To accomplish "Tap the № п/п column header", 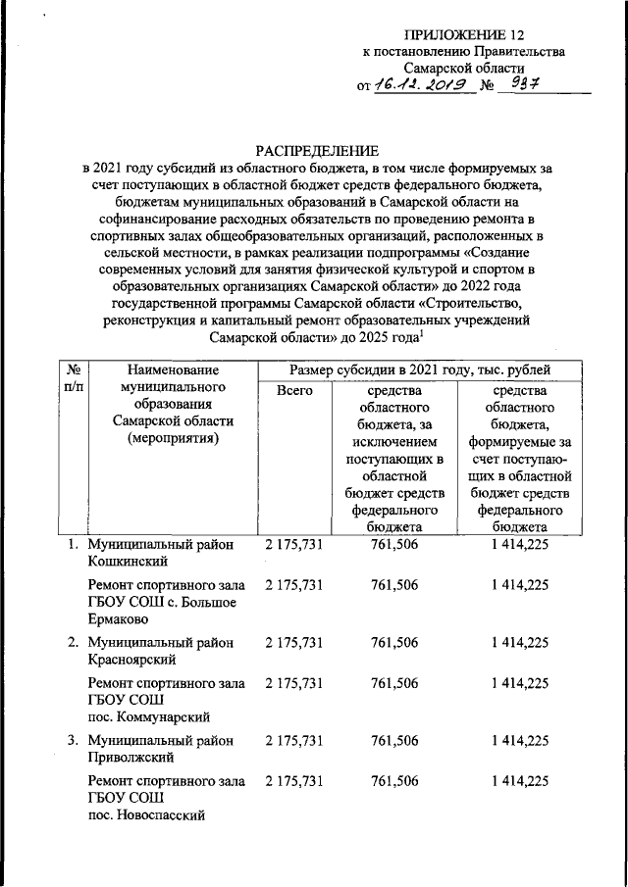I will (x=71, y=378).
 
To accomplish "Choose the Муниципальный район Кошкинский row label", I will (x=160, y=552).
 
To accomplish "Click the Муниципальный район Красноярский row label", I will (x=160, y=651).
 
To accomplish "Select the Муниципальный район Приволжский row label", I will (x=160, y=749).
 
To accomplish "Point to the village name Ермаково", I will (x=121, y=619).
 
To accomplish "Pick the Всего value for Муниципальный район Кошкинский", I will (x=294, y=544).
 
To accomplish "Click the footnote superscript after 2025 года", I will (x=421, y=332).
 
